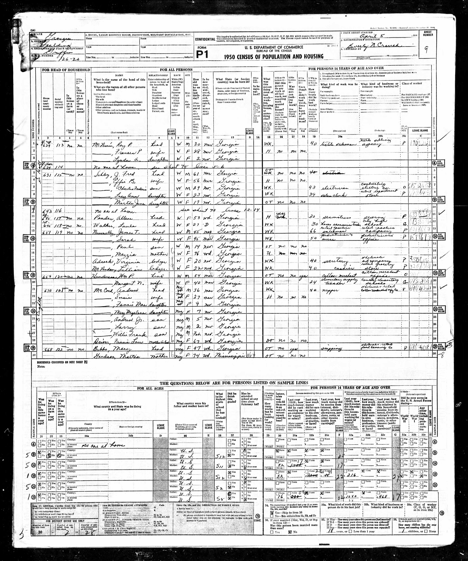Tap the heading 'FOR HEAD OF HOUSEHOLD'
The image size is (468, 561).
66,70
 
